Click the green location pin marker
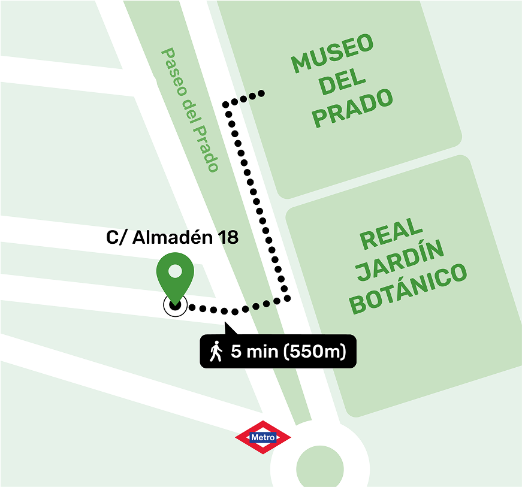tap(174, 277)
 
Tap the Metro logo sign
tap(263, 437)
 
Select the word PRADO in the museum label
tap(352, 108)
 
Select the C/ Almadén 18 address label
tap(172, 237)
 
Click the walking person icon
tap(216, 351)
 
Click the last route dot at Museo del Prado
tap(262, 93)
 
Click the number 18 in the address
tap(229, 237)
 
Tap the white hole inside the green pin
tap(174, 271)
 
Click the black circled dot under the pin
tap(175, 305)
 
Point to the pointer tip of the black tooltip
tap(226, 324)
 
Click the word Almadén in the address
tap(173, 237)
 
